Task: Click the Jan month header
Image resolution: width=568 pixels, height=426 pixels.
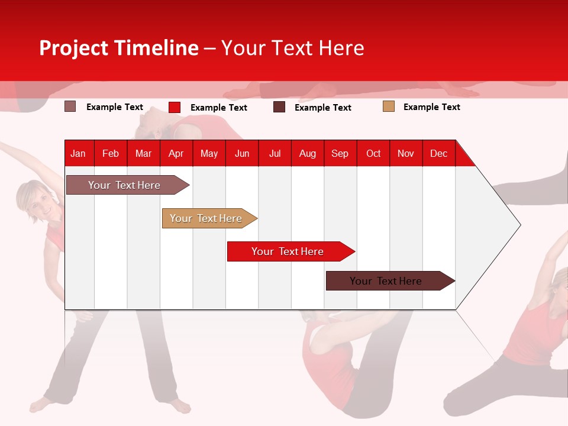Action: pyautogui.click(x=78, y=153)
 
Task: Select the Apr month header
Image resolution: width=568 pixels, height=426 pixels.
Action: pyautogui.click(x=176, y=153)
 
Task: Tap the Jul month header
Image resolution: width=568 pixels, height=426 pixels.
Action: pyautogui.click(x=275, y=153)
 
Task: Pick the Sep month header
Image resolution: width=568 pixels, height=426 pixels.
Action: pyautogui.click(x=340, y=153)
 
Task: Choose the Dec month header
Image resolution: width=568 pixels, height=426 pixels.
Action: pyautogui.click(x=438, y=153)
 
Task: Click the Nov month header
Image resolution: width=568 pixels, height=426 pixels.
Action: pyautogui.click(x=405, y=153)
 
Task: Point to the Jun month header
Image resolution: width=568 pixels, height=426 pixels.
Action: pyautogui.click(x=241, y=153)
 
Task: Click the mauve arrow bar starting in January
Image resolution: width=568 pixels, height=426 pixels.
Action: pyautogui.click(x=124, y=185)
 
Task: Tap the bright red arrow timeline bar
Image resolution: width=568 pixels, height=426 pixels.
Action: pyautogui.click(x=288, y=251)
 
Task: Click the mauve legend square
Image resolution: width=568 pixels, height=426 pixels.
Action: pyautogui.click(x=70, y=106)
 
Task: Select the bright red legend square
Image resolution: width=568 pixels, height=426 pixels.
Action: pyautogui.click(x=174, y=107)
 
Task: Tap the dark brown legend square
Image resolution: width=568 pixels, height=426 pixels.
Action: pyautogui.click(x=279, y=107)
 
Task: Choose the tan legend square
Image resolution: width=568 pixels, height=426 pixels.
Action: pyautogui.click(x=388, y=106)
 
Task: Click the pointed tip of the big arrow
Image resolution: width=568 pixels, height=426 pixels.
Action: pyautogui.click(x=519, y=225)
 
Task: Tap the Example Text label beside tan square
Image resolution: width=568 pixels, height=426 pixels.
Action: pyautogui.click(x=431, y=107)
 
